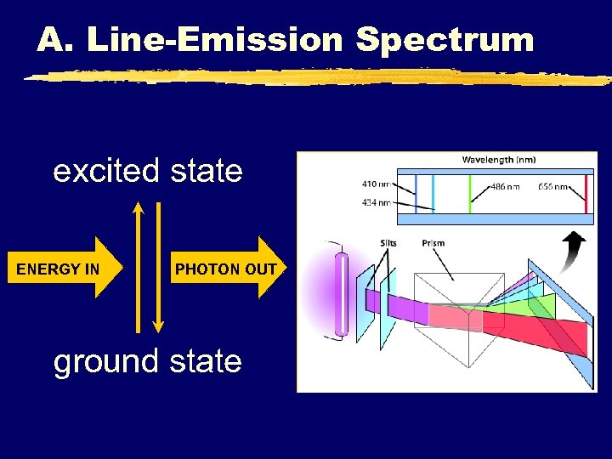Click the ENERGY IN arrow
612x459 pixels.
(x=64, y=269)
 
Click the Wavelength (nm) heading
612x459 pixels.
(x=498, y=160)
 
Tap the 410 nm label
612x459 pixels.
(x=376, y=183)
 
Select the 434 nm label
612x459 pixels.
(x=376, y=202)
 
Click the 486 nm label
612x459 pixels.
(x=505, y=186)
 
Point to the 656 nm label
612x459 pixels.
(x=554, y=186)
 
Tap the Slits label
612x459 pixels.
(x=388, y=243)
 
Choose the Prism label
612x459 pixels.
(x=433, y=243)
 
